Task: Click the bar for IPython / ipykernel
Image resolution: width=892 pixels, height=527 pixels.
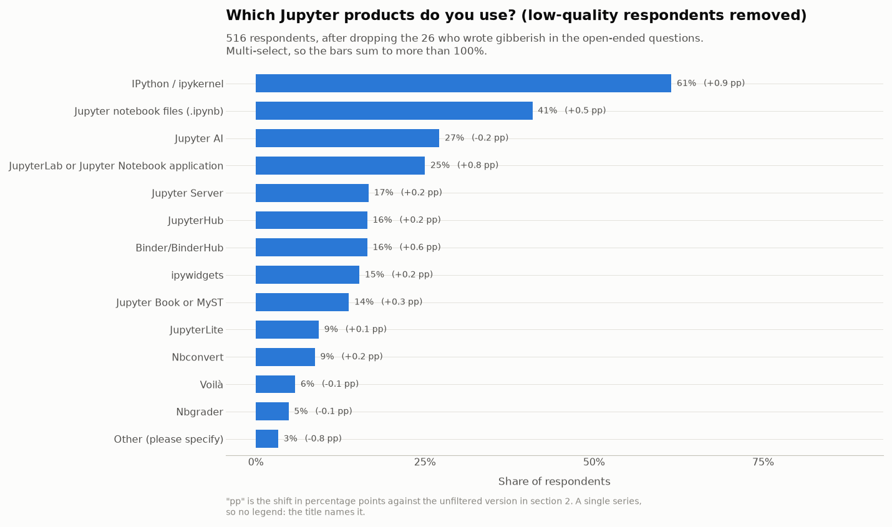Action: pyautogui.click(x=463, y=83)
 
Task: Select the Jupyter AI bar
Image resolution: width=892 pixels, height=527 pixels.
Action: pyautogui.click(x=347, y=138)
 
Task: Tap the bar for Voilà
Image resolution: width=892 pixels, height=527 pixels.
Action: pyautogui.click(x=275, y=384)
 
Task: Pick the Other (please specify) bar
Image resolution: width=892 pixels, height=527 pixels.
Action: pyautogui.click(x=267, y=438)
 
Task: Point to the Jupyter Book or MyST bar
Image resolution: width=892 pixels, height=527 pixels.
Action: pyautogui.click(x=302, y=302)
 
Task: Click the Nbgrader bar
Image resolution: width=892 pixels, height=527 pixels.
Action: pyautogui.click(x=272, y=411)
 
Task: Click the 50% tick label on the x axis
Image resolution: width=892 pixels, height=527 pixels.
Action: pyautogui.click(x=594, y=462)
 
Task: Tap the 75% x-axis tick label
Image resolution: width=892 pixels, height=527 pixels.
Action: pyautogui.click(x=763, y=462)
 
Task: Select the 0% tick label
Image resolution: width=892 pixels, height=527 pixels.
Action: pyautogui.click(x=256, y=462)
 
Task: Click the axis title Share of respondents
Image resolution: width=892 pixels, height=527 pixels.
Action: pyautogui.click(x=554, y=481)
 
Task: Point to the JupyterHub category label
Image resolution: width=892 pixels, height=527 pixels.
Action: pyautogui.click(x=195, y=221)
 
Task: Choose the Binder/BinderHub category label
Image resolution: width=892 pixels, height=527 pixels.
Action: pyautogui.click(x=179, y=248)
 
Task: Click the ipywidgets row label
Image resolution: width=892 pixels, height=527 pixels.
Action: pyautogui.click(x=197, y=276)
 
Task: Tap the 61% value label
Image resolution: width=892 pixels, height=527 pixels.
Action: pyautogui.click(x=686, y=83)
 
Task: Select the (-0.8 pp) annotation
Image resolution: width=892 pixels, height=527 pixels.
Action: pyautogui.click(x=323, y=438)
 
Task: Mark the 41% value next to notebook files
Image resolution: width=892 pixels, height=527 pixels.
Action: pyautogui.click(x=547, y=110)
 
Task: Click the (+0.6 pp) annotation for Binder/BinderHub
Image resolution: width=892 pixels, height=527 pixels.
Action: pyautogui.click(x=420, y=247)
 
